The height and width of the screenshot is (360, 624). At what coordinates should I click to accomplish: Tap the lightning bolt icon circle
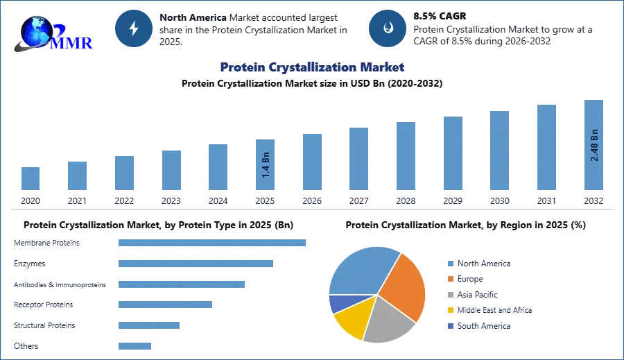[x=135, y=28]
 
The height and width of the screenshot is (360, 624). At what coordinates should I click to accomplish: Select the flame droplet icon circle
[x=388, y=28]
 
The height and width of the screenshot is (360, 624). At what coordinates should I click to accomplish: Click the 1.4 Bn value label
[x=266, y=166]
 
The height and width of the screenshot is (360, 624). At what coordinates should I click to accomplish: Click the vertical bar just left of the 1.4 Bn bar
[x=216, y=168]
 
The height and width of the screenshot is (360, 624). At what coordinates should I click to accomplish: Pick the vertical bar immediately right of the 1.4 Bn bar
[x=311, y=162]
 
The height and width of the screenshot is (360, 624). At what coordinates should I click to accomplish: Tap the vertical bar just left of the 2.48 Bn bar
[x=546, y=146]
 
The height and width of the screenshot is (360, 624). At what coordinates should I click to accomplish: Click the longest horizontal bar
[x=213, y=243]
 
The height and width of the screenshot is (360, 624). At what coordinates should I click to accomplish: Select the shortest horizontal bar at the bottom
[x=135, y=343]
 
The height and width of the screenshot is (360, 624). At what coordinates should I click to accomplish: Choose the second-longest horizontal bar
[x=196, y=264]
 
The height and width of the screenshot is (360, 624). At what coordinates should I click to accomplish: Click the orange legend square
[x=449, y=279]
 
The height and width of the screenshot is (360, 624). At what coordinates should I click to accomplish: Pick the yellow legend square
[x=449, y=311]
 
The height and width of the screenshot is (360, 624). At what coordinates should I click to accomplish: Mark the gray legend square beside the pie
[x=449, y=295]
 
